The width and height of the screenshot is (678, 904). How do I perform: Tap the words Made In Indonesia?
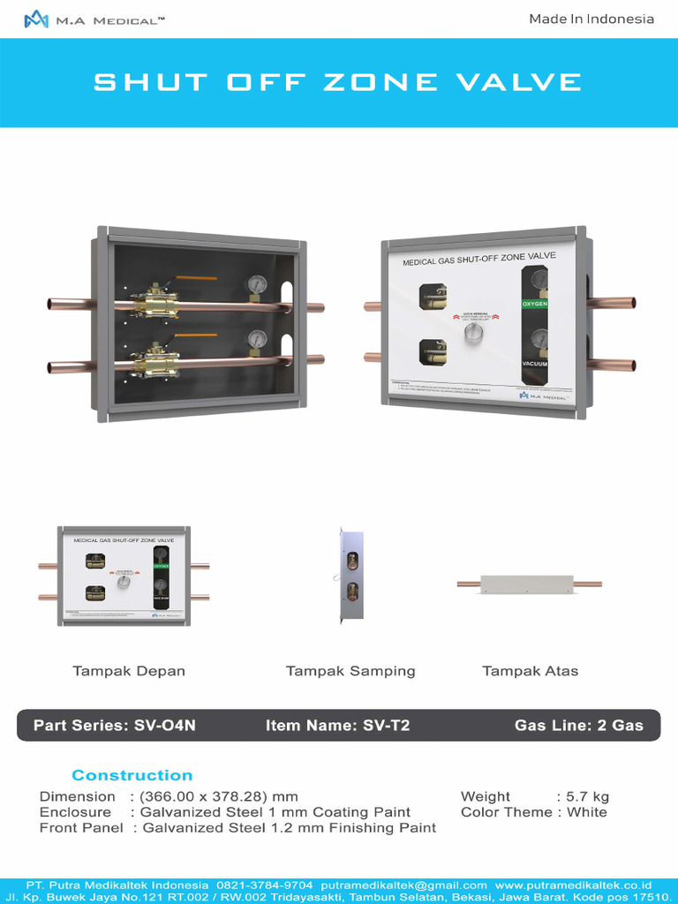point(591,19)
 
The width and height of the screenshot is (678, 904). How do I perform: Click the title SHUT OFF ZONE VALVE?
point(338,83)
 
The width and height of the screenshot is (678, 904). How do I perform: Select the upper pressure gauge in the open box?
point(257,285)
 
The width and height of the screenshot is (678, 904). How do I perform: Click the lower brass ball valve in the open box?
point(155,362)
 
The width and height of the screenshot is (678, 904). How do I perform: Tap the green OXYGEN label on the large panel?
point(535,304)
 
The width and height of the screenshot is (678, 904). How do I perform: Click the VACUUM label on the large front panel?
point(535,364)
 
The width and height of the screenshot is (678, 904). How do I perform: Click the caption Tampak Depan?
point(129,671)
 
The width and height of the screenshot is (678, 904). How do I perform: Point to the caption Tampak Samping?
point(350,671)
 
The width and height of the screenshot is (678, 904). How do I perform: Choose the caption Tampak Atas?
point(530,671)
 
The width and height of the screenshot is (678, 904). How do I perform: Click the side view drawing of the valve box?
point(351,575)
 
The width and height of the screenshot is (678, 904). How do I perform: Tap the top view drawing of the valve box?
point(529,584)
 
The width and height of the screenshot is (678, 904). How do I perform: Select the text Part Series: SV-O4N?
point(115,726)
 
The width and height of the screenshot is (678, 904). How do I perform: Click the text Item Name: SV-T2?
point(338,726)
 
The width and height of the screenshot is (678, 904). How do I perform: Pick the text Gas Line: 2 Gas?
point(579,726)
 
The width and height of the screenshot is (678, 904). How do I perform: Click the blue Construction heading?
point(132,775)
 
